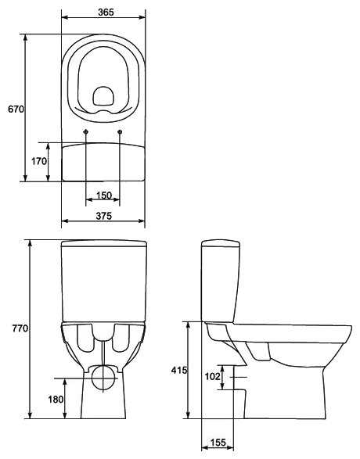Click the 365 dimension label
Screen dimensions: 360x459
(x=106, y=12)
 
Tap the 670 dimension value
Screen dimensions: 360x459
(x=16, y=109)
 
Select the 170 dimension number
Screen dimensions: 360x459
(x=39, y=161)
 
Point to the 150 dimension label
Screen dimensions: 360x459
(x=104, y=195)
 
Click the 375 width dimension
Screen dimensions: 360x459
(x=104, y=216)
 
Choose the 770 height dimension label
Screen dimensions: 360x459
(x=20, y=328)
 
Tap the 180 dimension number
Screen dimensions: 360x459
(x=56, y=399)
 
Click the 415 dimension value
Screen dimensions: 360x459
(x=179, y=371)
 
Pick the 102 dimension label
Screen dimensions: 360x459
(x=212, y=376)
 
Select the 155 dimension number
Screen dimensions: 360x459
(x=218, y=443)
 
